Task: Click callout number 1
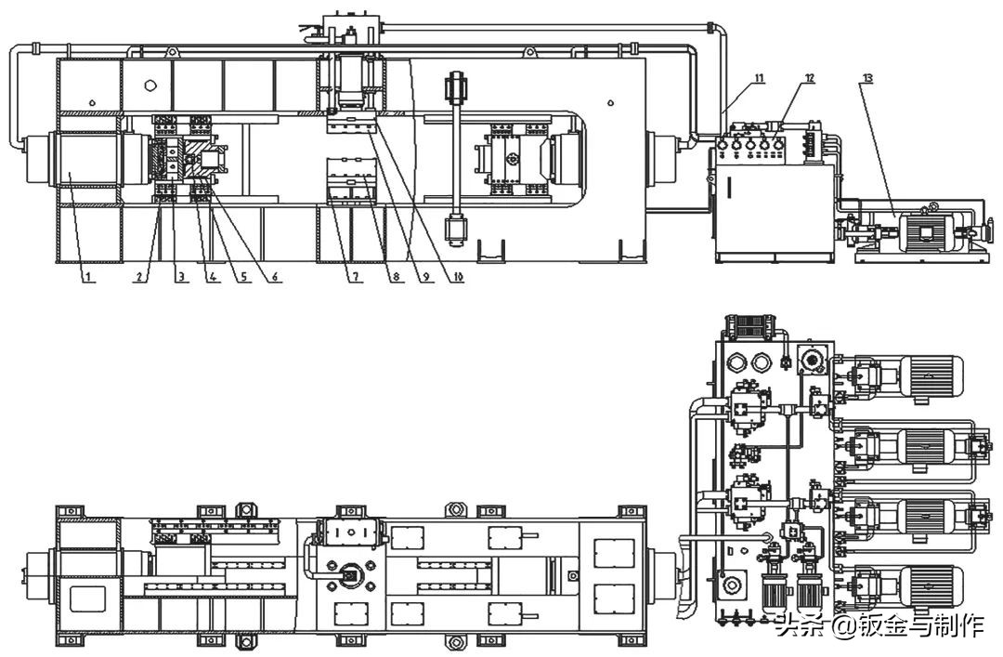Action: tap(89, 276)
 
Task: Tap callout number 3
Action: tap(181, 276)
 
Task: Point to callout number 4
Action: tap(213, 276)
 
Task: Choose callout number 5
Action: tap(242, 276)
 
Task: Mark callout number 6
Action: tap(275, 276)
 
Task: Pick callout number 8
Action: tap(397, 276)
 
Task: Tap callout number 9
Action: tap(426, 276)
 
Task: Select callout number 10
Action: tap(457, 276)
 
